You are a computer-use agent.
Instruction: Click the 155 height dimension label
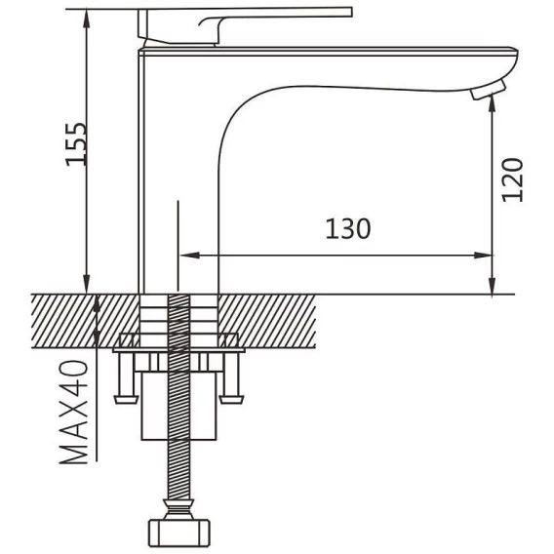76,143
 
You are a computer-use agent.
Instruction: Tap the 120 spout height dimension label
513,180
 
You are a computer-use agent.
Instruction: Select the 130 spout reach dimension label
348,229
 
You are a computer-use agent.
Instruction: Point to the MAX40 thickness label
73,412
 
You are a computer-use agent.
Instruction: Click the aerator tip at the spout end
488,91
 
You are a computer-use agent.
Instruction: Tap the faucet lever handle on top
245,26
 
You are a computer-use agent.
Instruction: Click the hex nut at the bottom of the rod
178,533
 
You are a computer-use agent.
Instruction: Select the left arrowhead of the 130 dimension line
190,256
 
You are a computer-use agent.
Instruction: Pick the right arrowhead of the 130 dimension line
483,256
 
